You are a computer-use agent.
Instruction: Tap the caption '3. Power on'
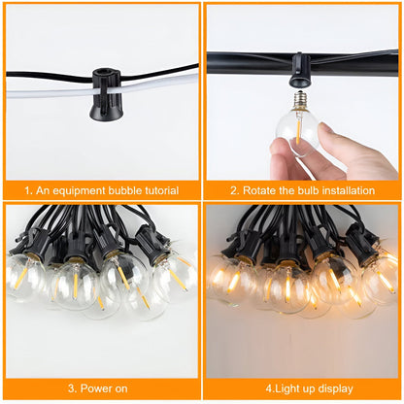pos(99,389)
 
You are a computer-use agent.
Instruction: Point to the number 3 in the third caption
pos(71,389)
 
